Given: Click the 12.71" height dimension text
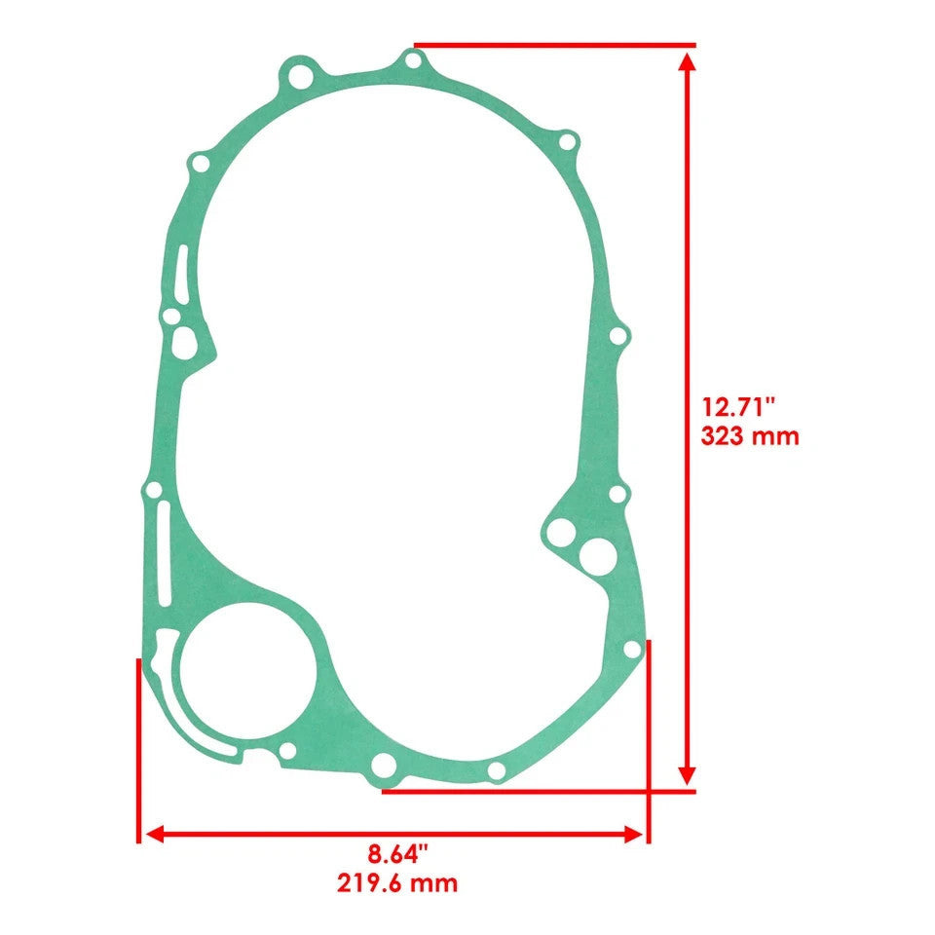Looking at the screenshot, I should (739, 405).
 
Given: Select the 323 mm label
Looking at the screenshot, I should (749, 435).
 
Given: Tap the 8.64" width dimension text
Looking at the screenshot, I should (397, 855).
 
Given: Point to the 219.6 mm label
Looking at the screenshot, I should (397, 884).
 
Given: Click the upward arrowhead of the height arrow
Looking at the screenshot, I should (688, 62).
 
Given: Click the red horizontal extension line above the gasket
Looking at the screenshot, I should (555, 45).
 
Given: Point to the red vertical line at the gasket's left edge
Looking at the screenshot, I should (138, 750).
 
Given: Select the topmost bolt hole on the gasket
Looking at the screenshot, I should (414, 62).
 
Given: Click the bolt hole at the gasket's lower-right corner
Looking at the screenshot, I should (631, 649).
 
